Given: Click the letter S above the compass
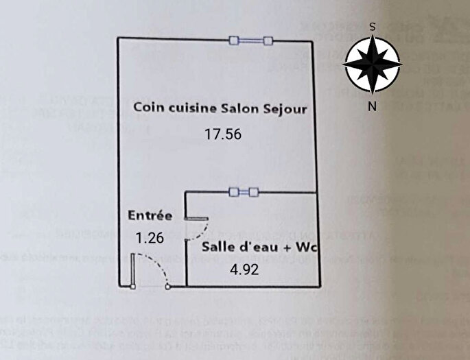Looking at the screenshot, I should click(x=372, y=27).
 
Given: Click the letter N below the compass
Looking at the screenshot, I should click(x=372, y=106).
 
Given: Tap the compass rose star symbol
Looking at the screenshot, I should click(x=372, y=65).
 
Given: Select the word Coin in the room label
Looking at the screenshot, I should click(x=148, y=108).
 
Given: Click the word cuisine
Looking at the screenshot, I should click(x=192, y=108).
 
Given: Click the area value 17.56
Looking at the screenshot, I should click(x=223, y=134).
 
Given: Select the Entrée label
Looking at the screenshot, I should click(x=150, y=215).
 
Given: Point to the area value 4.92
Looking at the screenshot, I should click(x=244, y=269).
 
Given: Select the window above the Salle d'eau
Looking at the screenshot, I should click(x=244, y=193).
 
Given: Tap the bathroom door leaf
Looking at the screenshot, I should click(x=196, y=219).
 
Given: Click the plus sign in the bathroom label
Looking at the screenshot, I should click(x=290, y=248).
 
